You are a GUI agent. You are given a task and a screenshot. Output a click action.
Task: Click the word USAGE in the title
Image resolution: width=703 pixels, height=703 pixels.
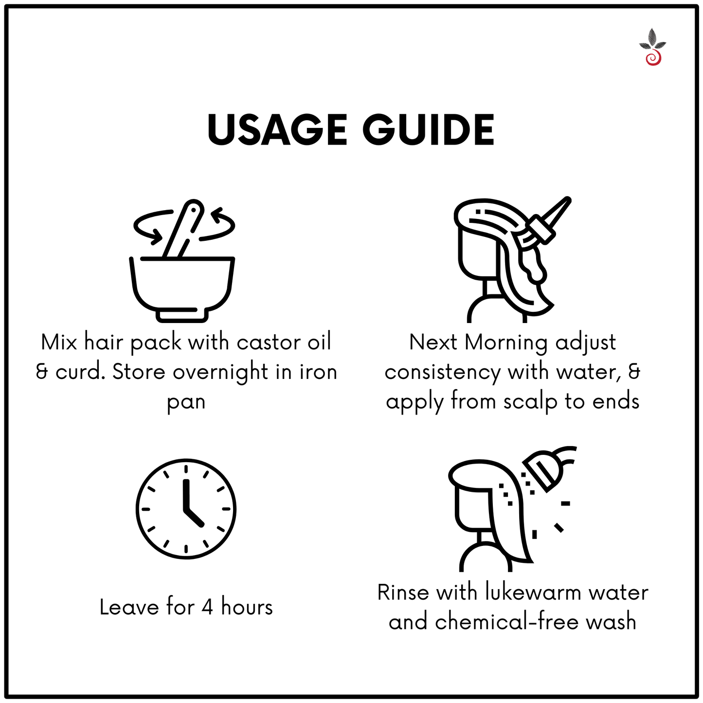pyautogui.click(x=277, y=130)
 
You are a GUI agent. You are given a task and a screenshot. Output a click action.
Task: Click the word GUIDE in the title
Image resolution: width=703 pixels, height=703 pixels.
pyautogui.click(x=428, y=130)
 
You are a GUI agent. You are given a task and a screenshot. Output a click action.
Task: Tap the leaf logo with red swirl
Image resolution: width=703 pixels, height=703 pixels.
pyautogui.click(x=653, y=47)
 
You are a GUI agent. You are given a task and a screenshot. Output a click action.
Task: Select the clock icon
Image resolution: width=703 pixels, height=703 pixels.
pyautogui.click(x=186, y=509)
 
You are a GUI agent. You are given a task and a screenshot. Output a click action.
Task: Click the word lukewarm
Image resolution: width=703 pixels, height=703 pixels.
pyautogui.click(x=533, y=593)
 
